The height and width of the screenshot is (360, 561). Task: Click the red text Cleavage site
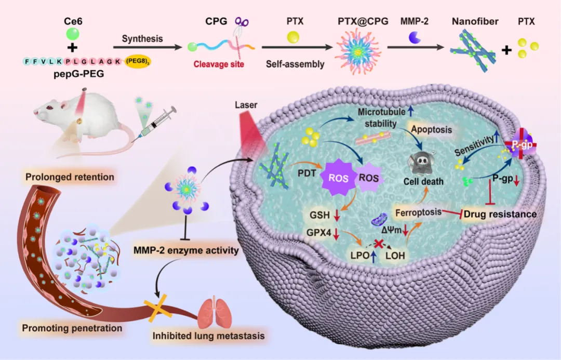click(x=217, y=65)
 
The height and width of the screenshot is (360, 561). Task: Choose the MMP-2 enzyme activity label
click(x=186, y=250)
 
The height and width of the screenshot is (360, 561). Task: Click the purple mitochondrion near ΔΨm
click(x=378, y=222)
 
